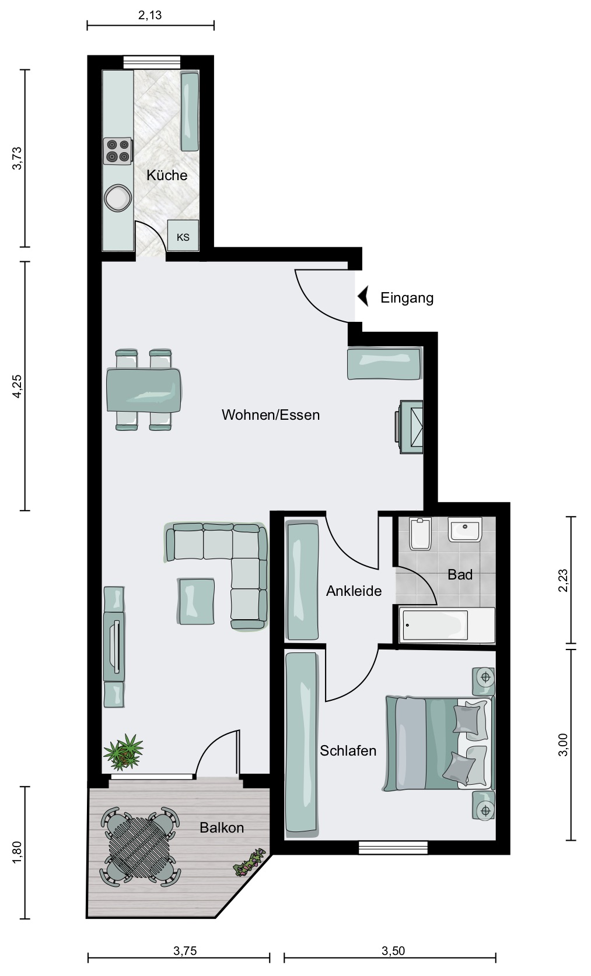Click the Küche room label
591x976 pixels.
(x=167, y=175)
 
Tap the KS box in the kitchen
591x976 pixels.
(x=183, y=236)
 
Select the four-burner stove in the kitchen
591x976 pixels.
(x=118, y=151)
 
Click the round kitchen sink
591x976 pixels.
(x=118, y=198)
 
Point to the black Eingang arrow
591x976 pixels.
(x=363, y=297)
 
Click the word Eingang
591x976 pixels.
(x=407, y=298)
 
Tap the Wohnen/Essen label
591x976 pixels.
(x=271, y=415)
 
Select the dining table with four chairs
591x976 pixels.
(x=144, y=390)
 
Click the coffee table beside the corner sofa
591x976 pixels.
(x=196, y=601)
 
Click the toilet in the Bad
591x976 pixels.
(x=421, y=533)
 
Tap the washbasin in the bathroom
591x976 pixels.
(x=465, y=529)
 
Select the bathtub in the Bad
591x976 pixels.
(x=447, y=625)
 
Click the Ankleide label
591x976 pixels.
(x=354, y=591)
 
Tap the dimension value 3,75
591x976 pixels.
(x=185, y=951)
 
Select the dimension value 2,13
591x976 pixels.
(x=150, y=15)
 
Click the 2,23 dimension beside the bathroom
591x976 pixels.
(x=564, y=580)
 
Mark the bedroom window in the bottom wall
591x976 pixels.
(x=393, y=848)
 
